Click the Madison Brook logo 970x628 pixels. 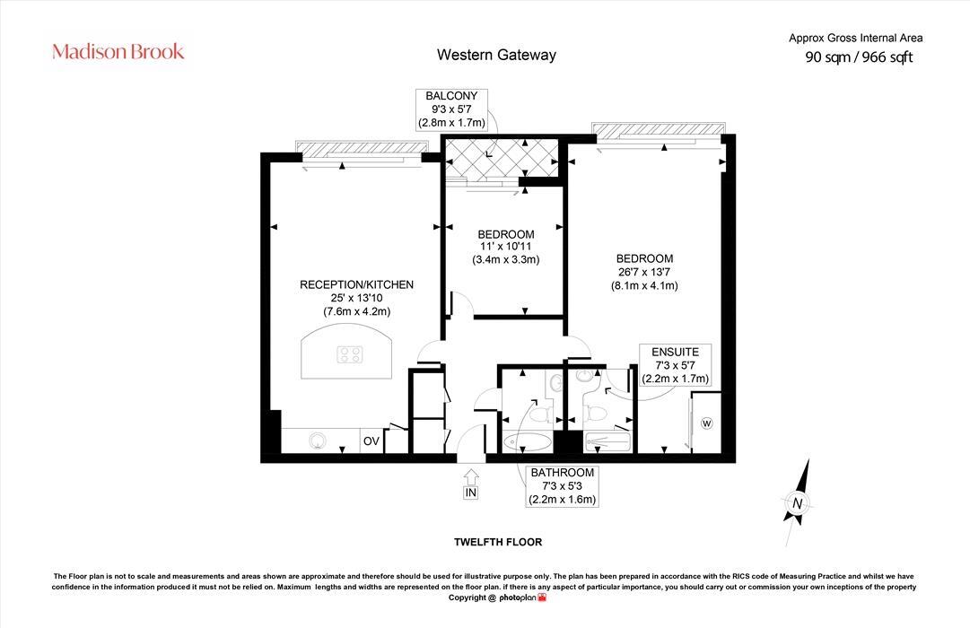(x=118, y=51)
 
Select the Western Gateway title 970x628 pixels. (x=496, y=55)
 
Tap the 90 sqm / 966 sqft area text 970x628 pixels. (x=859, y=57)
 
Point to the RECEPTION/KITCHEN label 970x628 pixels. (x=356, y=284)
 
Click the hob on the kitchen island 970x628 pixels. (x=350, y=354)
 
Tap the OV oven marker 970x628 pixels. (x=371, y=441)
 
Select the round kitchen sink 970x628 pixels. (x=317, y=440)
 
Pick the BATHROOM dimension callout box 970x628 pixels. (x=562, y=486)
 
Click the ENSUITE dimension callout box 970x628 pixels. (x=675, y=365)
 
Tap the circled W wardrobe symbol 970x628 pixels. (x=706, y=423)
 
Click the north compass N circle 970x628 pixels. (x=796, y=503)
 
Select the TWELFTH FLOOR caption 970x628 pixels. (x=497, y=542)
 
